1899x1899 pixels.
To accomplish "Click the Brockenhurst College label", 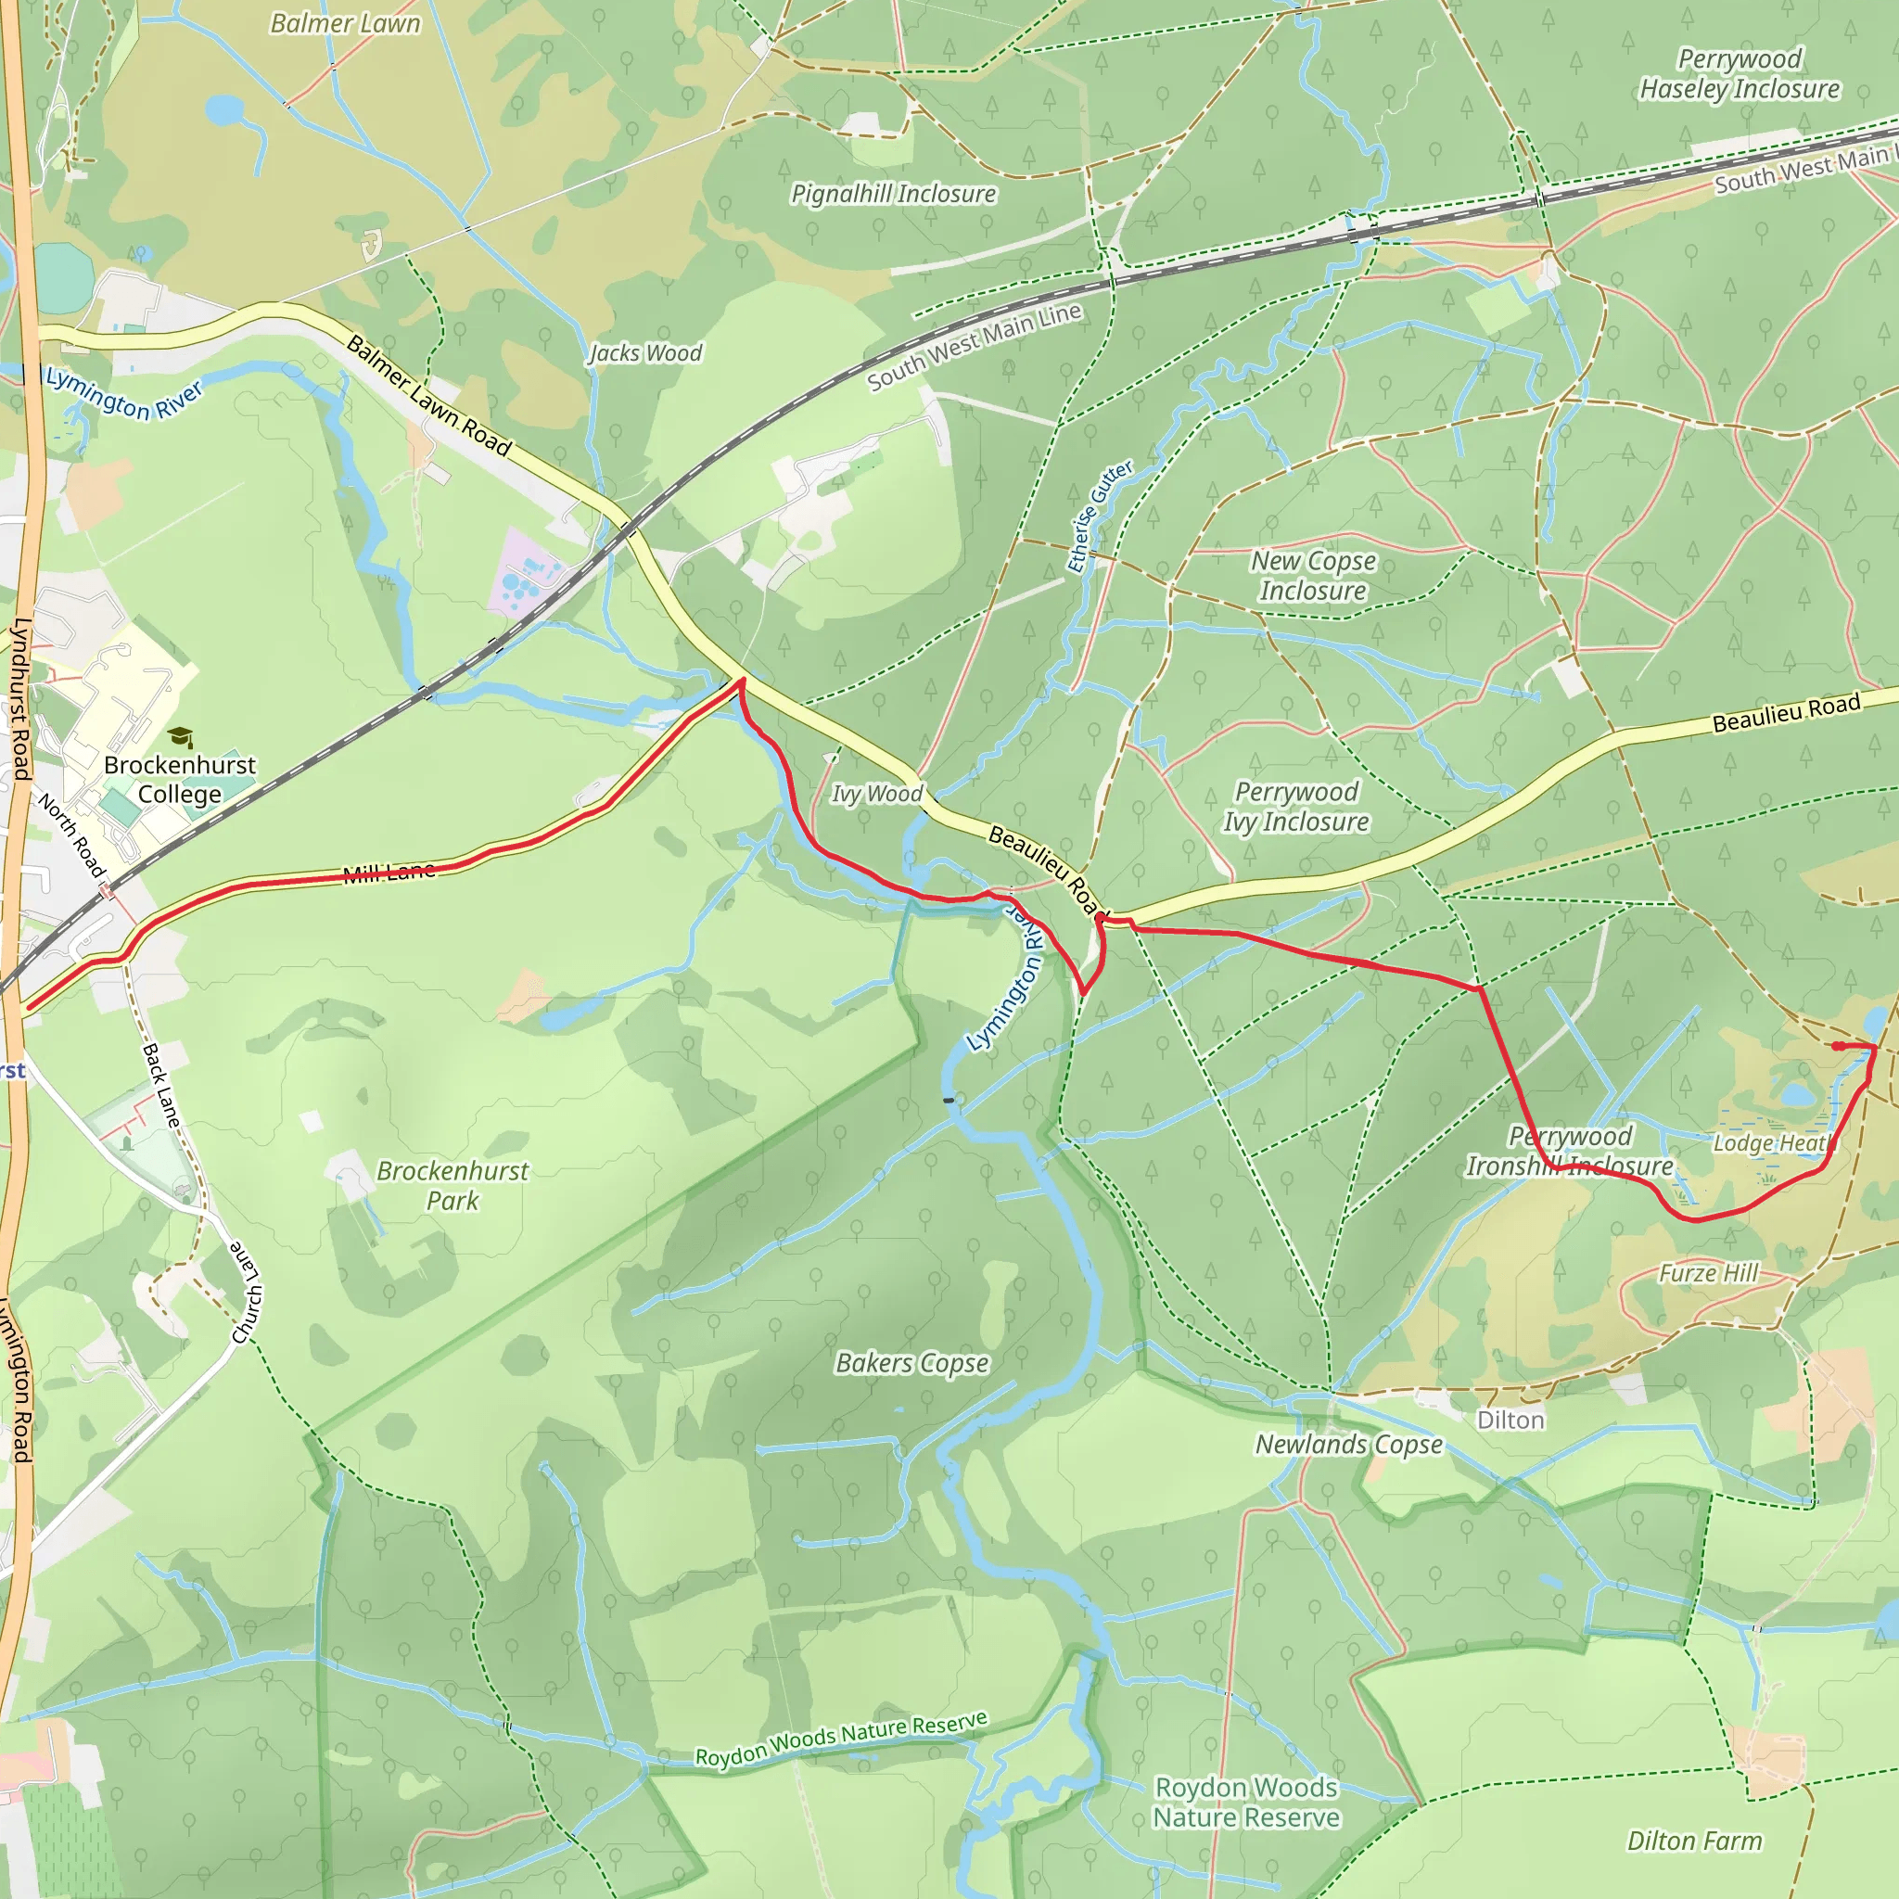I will pyautogui.click(x=180, y=780).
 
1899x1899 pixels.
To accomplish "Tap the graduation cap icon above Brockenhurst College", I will pyautogui.click(x=180, y=737).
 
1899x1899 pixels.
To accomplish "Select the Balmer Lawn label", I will pyautogui.click(x=345, y=23).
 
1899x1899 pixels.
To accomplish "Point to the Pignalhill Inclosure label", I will pyautogui.click(x=894, y=194).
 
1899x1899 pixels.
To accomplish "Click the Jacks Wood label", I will pyautogui.click(x=645, y=353).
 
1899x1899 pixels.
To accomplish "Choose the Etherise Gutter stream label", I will pyautogui.click(x=1100, y=516).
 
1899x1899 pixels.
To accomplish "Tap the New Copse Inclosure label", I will pyautogui.click(x=1313, y=576).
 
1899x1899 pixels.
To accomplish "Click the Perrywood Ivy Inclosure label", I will pyautogui.click(x=1295, y=806).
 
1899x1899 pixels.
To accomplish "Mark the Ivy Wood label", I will pyautogui.click(x=877, y=793).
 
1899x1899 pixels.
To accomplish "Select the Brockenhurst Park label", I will pyautogui.click(x=452, y=1185).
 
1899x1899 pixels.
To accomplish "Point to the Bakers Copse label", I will pyautogui.click(x=912, y=1362).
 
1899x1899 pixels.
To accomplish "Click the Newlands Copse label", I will pyautogui.click(x=1348, y=1444).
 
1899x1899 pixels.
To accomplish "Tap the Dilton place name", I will pyautogui.click(x=1510, y=1421).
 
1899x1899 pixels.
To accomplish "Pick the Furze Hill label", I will pyautogui.click(x=1708, y=1273).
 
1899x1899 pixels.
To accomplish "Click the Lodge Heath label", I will pyautogui.click(x=1772, y=1143).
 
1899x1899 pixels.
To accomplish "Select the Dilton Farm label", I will pyautogui.click(x=1695, y=1840).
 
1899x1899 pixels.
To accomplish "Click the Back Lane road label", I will pyautogui.click(x=161, y=1084).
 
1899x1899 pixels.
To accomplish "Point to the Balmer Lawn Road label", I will pyautogui.click(x=429, y=396).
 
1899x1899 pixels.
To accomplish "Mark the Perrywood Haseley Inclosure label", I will pyautogui.click(x=1740, y=74).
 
